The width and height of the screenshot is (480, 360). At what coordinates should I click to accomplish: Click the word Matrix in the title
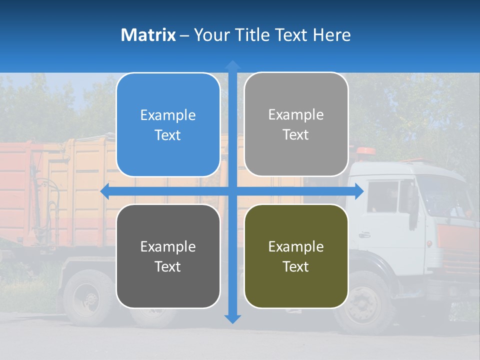(x=148, y=35)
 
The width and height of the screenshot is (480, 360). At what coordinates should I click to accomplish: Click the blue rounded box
(x=168, y=124)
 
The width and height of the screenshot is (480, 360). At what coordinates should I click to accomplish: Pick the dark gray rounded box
(x=168, y=256)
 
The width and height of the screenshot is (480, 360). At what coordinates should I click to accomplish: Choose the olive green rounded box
(x=296, y=256)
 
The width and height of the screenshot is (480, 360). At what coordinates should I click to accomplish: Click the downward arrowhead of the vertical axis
(x=232, y=318)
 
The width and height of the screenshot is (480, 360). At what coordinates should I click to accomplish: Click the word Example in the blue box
(x=168, y=115)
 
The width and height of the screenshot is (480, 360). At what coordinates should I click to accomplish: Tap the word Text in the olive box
(x=296, y=266)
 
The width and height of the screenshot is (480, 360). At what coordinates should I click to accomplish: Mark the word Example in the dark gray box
(x=168, y=246)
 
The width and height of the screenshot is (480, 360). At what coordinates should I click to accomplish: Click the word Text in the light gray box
(x=296, y=134)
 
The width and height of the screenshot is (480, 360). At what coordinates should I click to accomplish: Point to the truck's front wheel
(x=364, y=302)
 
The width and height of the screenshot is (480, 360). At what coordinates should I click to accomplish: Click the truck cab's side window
(x=382, y=196)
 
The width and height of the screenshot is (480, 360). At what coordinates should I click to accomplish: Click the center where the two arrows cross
(x=232, y=191)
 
